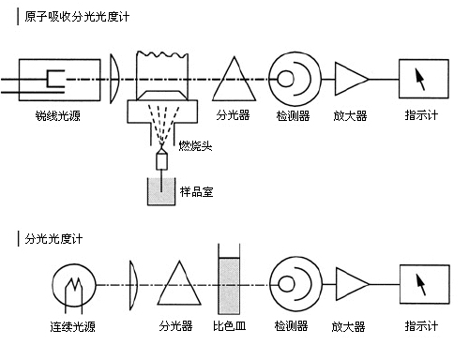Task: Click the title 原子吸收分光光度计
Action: pos(77,17)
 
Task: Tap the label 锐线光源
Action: pos(58,115)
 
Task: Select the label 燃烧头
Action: pos(195,145)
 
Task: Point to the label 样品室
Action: pos(197,191)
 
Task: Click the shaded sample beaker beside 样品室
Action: pos(161,191)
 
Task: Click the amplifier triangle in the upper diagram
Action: pos(352,79)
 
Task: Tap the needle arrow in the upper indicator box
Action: pos(420,80)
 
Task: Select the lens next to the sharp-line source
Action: pos(114,79)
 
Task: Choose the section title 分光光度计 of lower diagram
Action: pos(53,239)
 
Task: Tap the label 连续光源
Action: pos(72,326)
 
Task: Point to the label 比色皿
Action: pos(230,326)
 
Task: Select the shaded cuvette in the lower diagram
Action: pos(229,286)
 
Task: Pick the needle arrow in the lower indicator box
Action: pos(421,284)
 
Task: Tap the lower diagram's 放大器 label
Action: pos(348,327)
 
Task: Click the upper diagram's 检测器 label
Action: pos(293,115)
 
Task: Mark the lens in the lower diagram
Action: pos(133,285)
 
